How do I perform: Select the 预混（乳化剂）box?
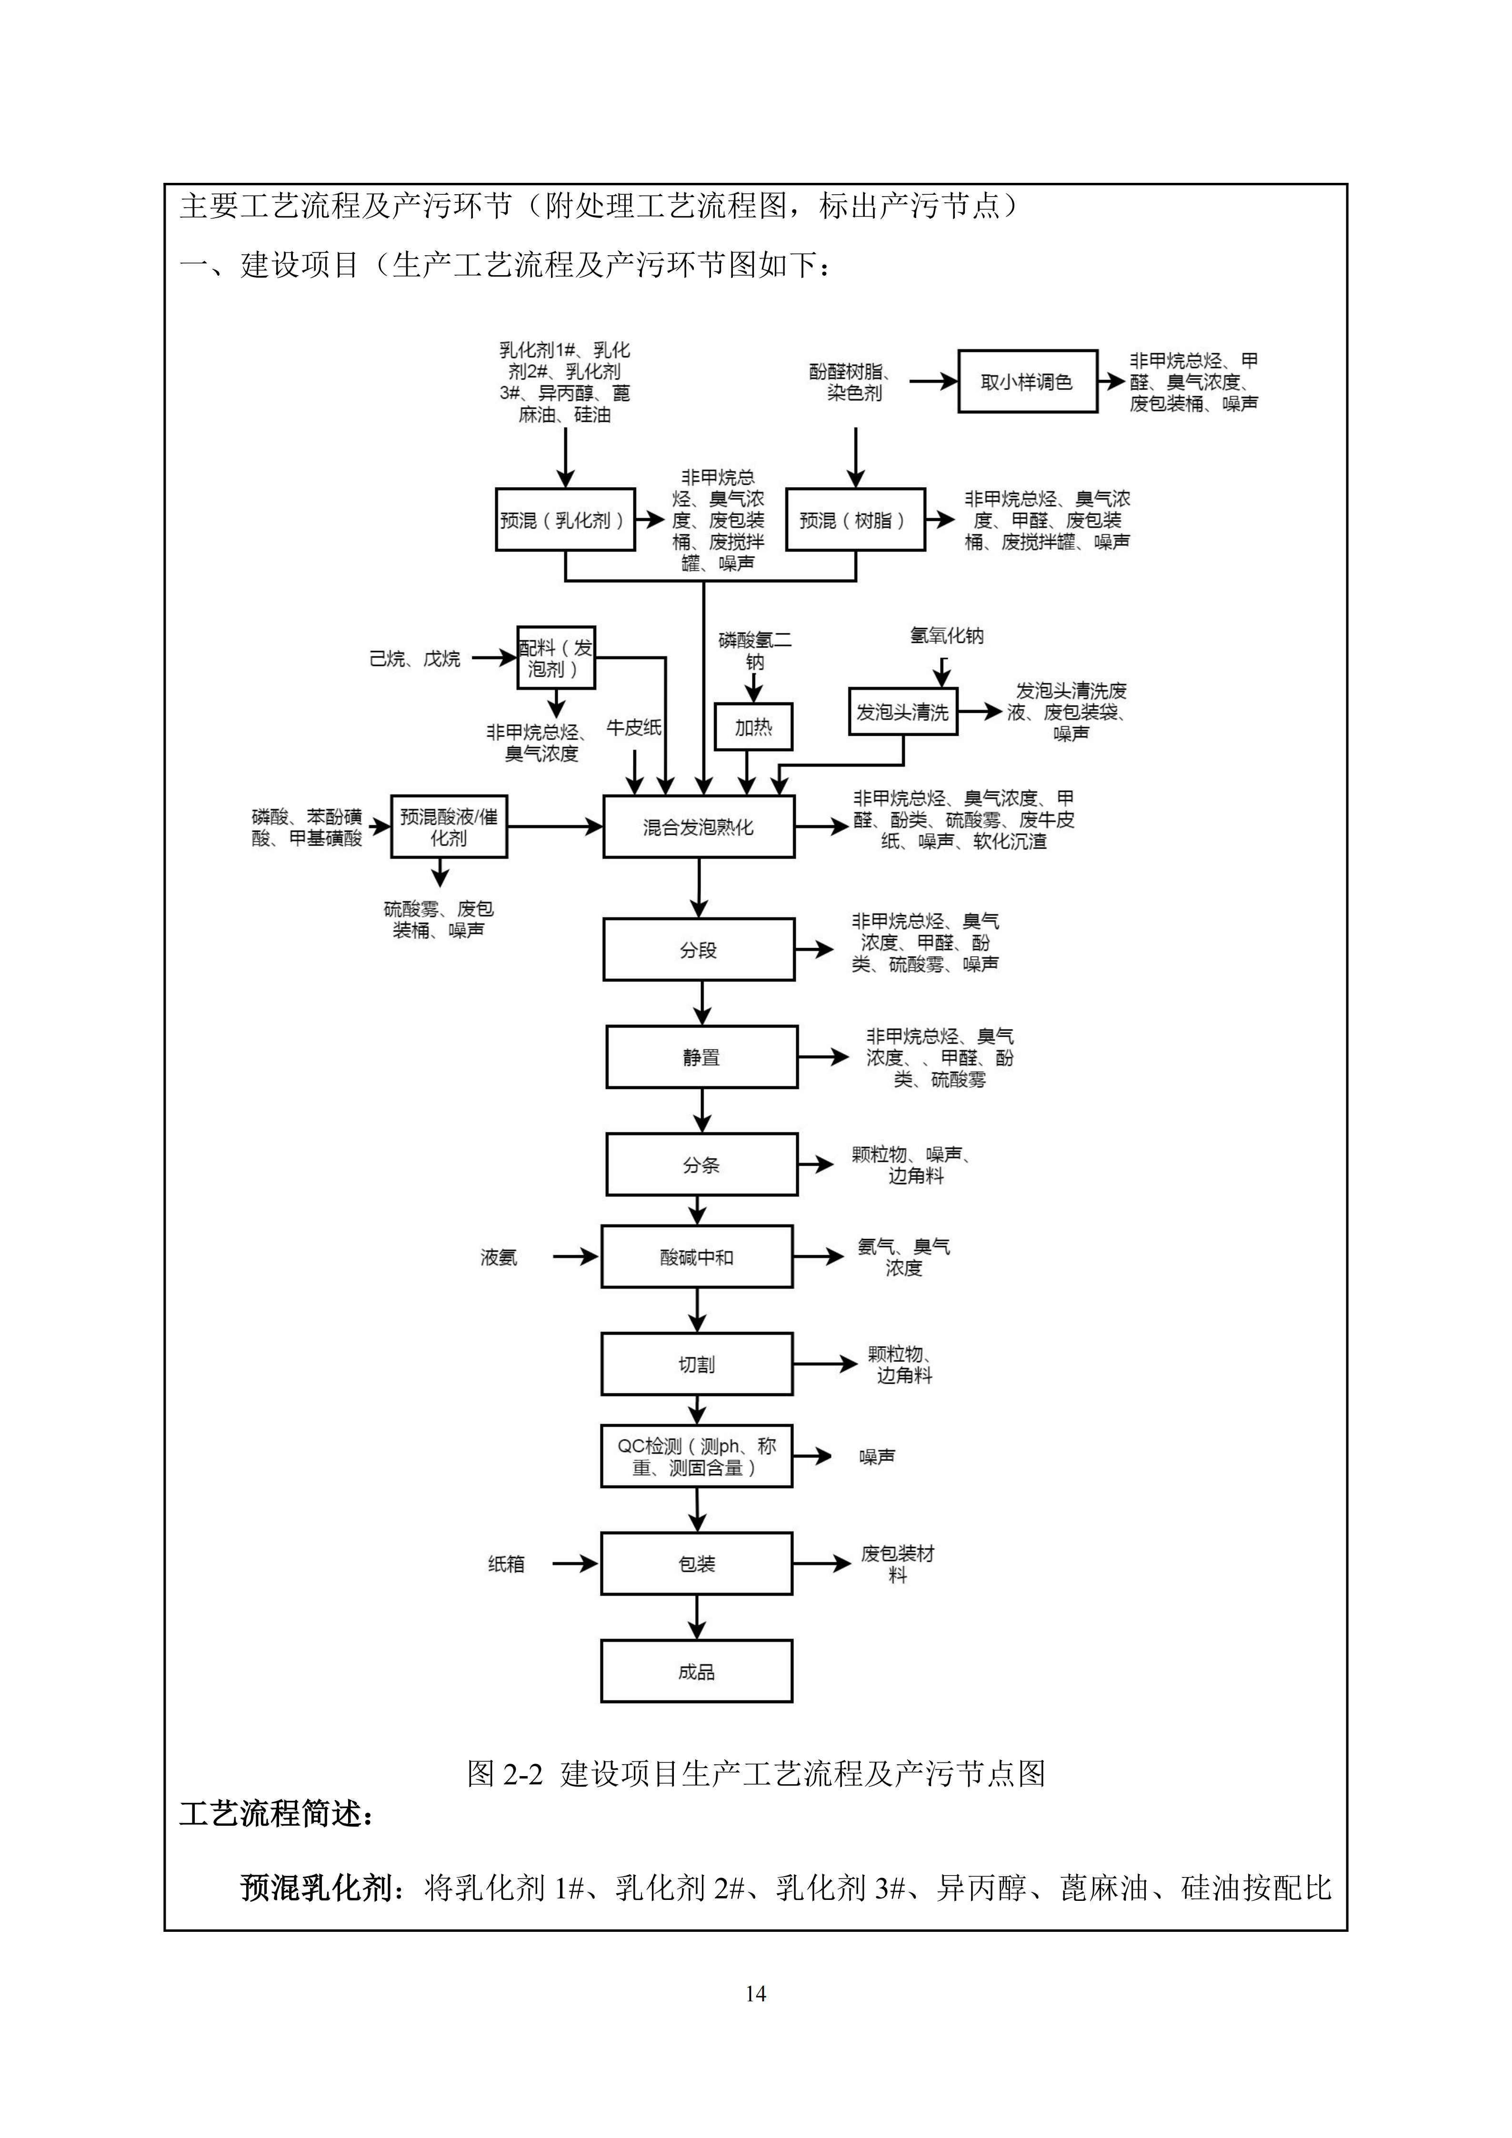[x=565, y=520]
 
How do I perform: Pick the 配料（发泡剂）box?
[x=556, y=658]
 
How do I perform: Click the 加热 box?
[x=753, y=727]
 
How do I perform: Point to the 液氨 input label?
[x=498, y=1258]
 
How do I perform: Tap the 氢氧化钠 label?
[x=946, y=636]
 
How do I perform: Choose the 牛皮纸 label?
[x=634, y=727]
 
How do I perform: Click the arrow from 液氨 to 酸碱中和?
[x=575, y=1257]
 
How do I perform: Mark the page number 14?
[x=755, y=1993]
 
